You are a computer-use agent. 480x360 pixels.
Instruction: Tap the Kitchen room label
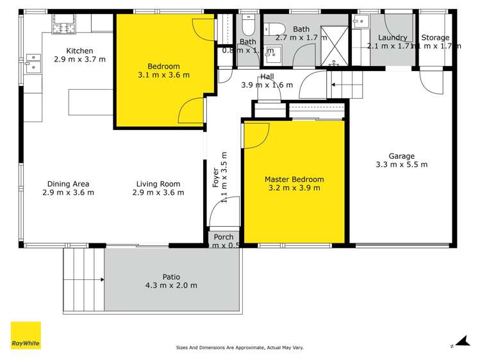point(80,51)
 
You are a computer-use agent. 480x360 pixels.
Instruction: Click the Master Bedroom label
point(294,179)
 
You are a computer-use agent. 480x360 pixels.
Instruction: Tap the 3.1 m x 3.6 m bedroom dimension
point(163,75)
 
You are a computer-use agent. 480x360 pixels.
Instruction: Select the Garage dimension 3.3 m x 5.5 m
point(401,165)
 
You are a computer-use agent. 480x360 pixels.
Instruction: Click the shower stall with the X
point(333,45)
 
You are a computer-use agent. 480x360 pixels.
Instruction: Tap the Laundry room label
point(392,38)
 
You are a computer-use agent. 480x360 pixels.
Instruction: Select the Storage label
point(435,38)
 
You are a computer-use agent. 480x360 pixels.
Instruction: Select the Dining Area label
point(67,184)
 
